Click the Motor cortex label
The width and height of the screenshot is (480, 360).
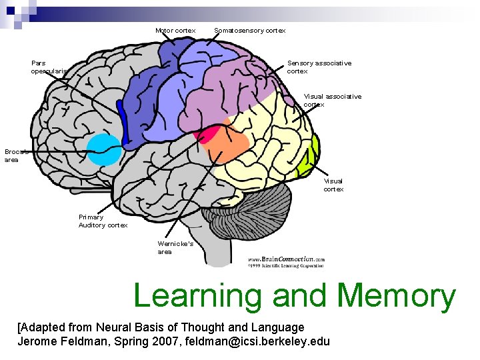pos(175,31)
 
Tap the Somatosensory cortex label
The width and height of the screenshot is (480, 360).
pos(249,31)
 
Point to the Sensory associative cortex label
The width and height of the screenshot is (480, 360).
pos(319,67)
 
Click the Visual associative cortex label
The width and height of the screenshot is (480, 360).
pos(332,100)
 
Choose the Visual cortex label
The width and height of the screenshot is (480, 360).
pos(333,185)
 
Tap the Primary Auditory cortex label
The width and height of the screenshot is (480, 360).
pos(103,221)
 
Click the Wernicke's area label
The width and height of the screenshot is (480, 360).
pos(175,247)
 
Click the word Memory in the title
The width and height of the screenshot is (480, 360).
pos(396,296)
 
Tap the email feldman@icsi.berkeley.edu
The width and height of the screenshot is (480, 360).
pos(257,341)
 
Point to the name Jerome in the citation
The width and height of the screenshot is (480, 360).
pos(39,341)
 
